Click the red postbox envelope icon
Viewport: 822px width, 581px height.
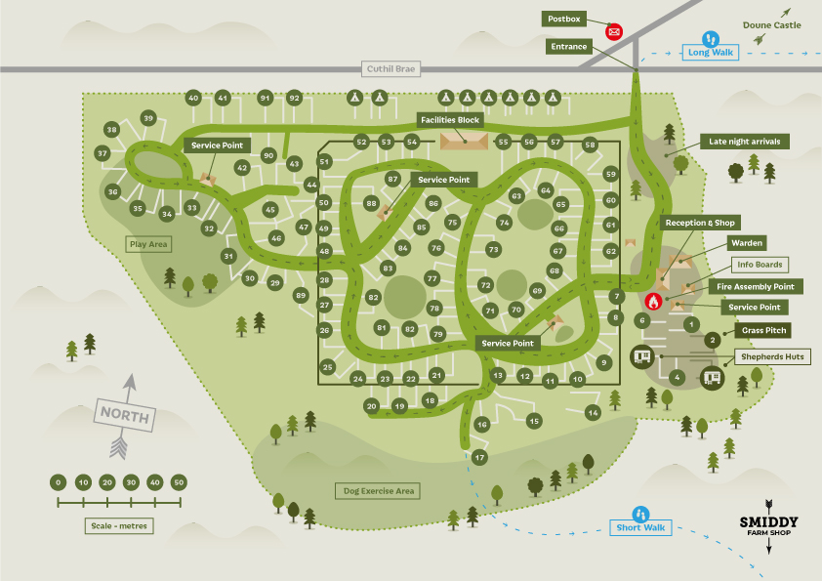[x=614, y=31]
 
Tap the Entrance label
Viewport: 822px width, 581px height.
[x=568, y=47]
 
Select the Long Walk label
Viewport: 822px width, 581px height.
[x=709, y=52]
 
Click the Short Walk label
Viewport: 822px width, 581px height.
[x=640, y=528]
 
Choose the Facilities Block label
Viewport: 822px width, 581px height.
[x=449, y=120]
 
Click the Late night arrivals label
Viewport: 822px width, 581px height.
[x=745, y=142]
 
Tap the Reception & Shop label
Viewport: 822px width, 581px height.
[x=700, y=223]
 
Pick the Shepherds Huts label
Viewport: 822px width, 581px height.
[x=771, y=357]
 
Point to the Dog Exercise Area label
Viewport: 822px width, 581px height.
[x=379, y=491]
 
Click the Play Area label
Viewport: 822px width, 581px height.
[x=148, y=244]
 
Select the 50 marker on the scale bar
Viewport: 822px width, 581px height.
[x=179, y=482]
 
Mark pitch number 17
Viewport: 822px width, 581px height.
[x=479, y=457]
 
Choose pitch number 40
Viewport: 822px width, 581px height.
[x=193, y=98]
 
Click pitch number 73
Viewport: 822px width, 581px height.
[x=494, y=250]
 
